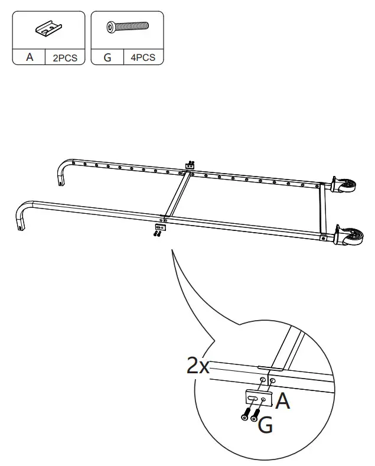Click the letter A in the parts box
coord(30,58)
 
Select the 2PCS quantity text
coord(65,58)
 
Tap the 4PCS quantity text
coord(143,58)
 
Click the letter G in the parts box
coord(107,58)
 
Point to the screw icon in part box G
coord(126,27)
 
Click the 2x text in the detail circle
coord(198,367)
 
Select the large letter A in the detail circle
coord(283,402)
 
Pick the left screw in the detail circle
coord(245,415)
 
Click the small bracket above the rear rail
coord(190,167)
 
